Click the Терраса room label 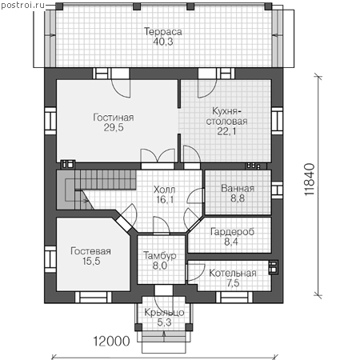click(163, 32)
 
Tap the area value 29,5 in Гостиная click(114, 127)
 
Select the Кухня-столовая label click(226, 116)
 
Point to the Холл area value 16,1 click(165, 199)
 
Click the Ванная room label click(238, 188)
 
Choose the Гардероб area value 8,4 click(231, 242)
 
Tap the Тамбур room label click(160, 255)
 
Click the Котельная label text click(233, 273)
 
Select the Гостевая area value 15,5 click(91, 261)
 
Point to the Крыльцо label click(164, 312)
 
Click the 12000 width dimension click(111, 341)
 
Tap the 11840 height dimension click(310, 180)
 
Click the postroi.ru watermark click(22, 5)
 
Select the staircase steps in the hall click(106, 180)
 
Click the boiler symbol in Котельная click(273, 267)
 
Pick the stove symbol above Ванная click(253, 166)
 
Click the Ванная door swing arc click(194, 195)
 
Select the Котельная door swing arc click(197, 272)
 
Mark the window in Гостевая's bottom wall click(93, 297)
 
